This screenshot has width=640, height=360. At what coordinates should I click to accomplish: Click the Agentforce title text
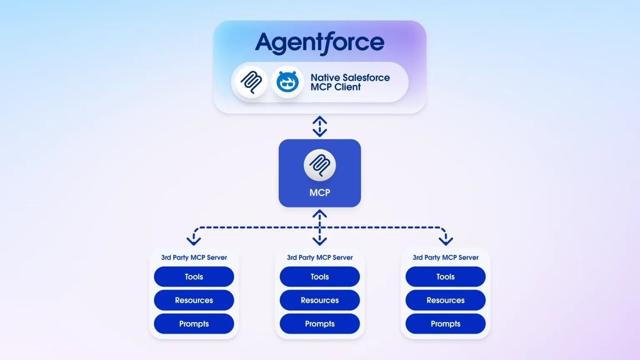point(320,42)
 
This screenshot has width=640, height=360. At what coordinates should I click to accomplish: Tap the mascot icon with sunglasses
point(287,82)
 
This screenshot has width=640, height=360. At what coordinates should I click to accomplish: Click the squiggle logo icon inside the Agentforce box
point(251,82)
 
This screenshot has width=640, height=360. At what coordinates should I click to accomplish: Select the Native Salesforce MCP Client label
point(350,82)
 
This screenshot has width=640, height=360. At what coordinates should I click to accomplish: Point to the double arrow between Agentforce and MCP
point(320,126)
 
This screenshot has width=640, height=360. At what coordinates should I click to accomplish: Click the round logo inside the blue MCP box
point(320,165)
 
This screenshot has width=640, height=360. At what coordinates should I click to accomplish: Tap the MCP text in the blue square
point(320,192)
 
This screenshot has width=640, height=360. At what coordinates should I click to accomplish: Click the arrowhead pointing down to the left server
point(194,240)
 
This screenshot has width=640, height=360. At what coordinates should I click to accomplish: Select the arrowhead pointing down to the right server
point(445,240)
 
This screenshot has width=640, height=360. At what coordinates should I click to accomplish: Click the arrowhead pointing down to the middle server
point(320,240)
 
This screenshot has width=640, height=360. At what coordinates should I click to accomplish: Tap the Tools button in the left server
point(194,277)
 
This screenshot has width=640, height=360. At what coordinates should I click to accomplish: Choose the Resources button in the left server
point(194,300)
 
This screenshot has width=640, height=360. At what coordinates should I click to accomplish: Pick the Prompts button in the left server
point(194,324)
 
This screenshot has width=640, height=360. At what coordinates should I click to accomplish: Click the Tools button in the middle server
point(320,277)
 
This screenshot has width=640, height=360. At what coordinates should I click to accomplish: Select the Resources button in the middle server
point(320,300)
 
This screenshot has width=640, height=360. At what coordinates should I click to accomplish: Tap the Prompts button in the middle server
point(320,324)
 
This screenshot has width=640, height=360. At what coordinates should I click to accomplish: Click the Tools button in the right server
point(445,277)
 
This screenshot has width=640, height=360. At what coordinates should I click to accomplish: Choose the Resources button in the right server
point(445,300)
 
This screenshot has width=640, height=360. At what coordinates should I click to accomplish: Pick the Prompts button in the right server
point(445,324)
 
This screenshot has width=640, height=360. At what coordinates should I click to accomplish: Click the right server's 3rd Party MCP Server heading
point(445,257)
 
